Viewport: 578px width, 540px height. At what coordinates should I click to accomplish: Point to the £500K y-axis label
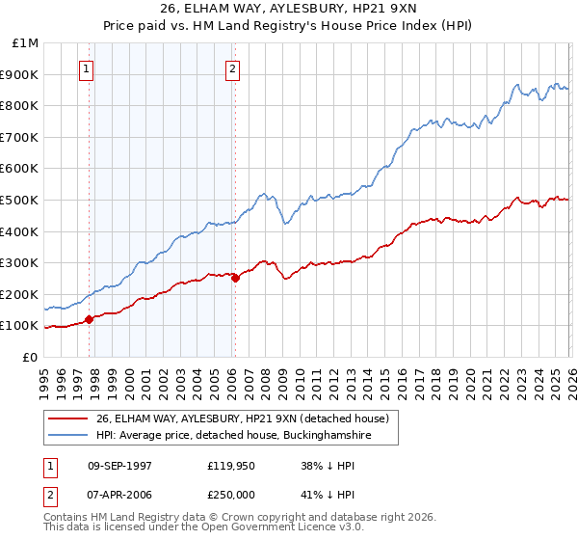point(21,201)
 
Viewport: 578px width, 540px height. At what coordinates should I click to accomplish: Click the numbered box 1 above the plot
point(88,68)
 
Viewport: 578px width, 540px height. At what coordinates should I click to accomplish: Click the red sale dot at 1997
point(90,319)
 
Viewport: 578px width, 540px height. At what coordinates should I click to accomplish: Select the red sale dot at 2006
point(235,279)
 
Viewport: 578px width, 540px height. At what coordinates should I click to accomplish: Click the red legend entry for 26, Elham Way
point(242,418)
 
